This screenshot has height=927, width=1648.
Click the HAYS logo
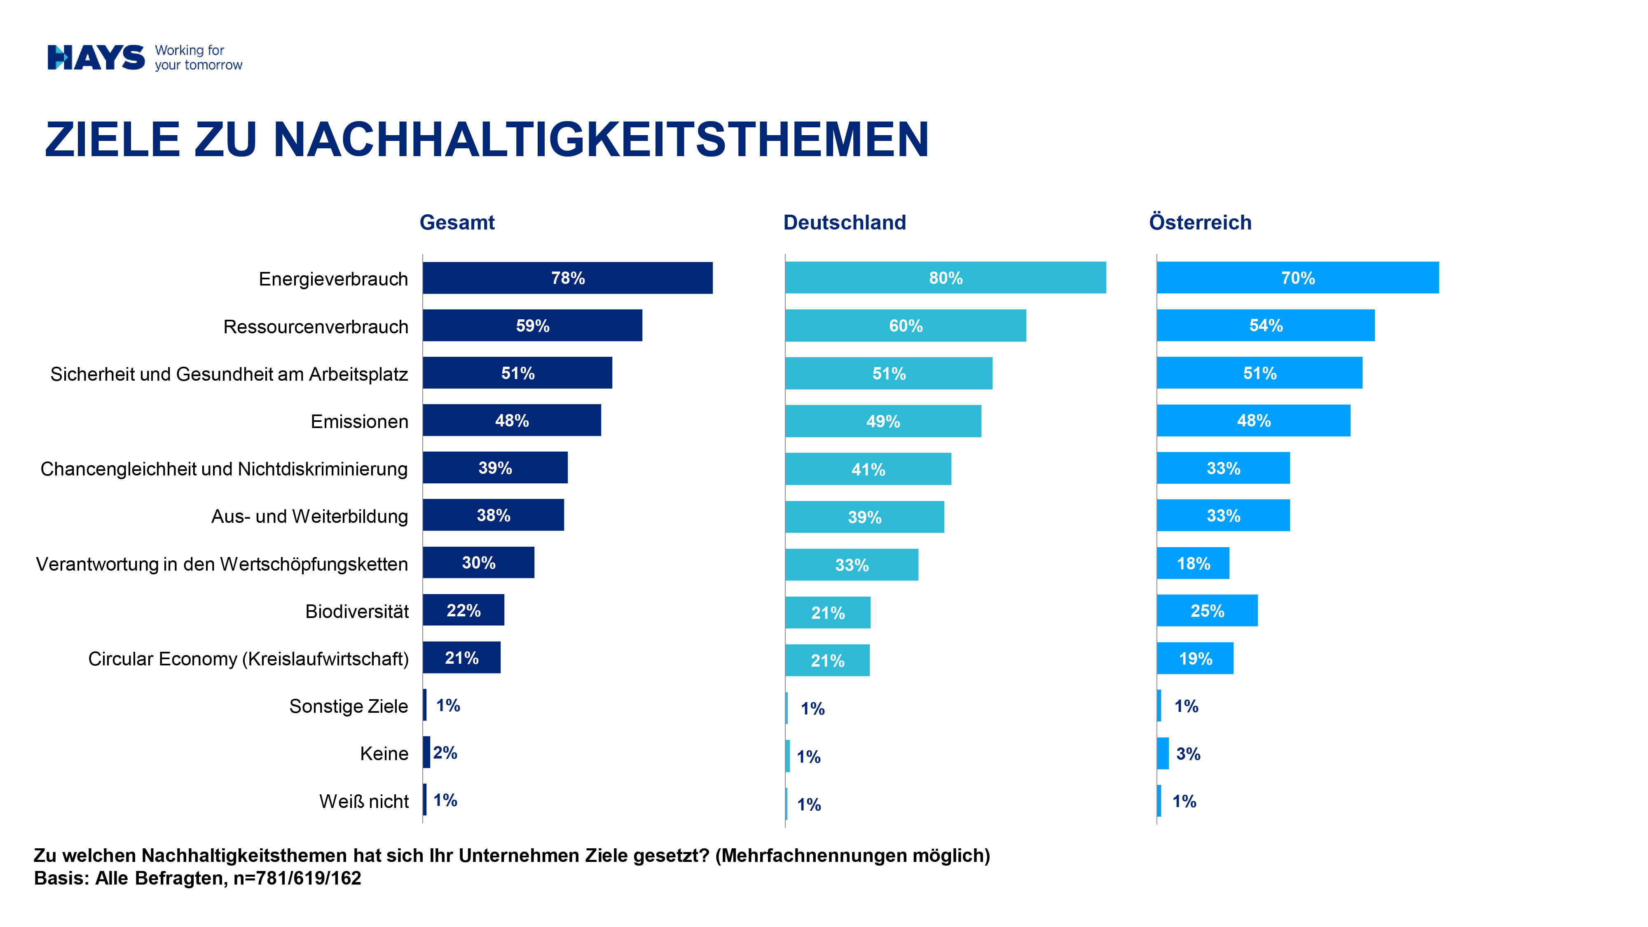[x=96, y=58]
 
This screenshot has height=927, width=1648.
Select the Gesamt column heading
[x=457, y=222]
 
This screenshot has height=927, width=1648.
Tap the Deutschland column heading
[x=845, y=222]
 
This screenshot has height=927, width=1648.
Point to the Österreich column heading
[x=1200, y=222]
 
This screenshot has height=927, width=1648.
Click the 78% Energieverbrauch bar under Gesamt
[x=567, y=278]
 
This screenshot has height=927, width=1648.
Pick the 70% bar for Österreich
[x=1297, y=278]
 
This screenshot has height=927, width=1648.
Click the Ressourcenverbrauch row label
[x=316, y=327]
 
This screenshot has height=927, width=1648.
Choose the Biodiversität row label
[x=357, y=611]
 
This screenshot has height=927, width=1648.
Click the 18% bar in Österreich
[x=1193, y=564]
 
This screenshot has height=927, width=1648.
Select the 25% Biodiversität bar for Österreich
[x=1207, y=611]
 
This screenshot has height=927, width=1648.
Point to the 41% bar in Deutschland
[x=868, y=470]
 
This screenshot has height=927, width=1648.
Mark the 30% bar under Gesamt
[x=478, y=563]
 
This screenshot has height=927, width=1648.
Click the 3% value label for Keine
[x=1188, y=754]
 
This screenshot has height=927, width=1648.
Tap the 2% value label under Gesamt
[x=445, y=753]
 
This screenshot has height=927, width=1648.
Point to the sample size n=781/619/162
[x=297, y=878]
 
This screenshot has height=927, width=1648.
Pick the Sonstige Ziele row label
[x=348, y=706]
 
